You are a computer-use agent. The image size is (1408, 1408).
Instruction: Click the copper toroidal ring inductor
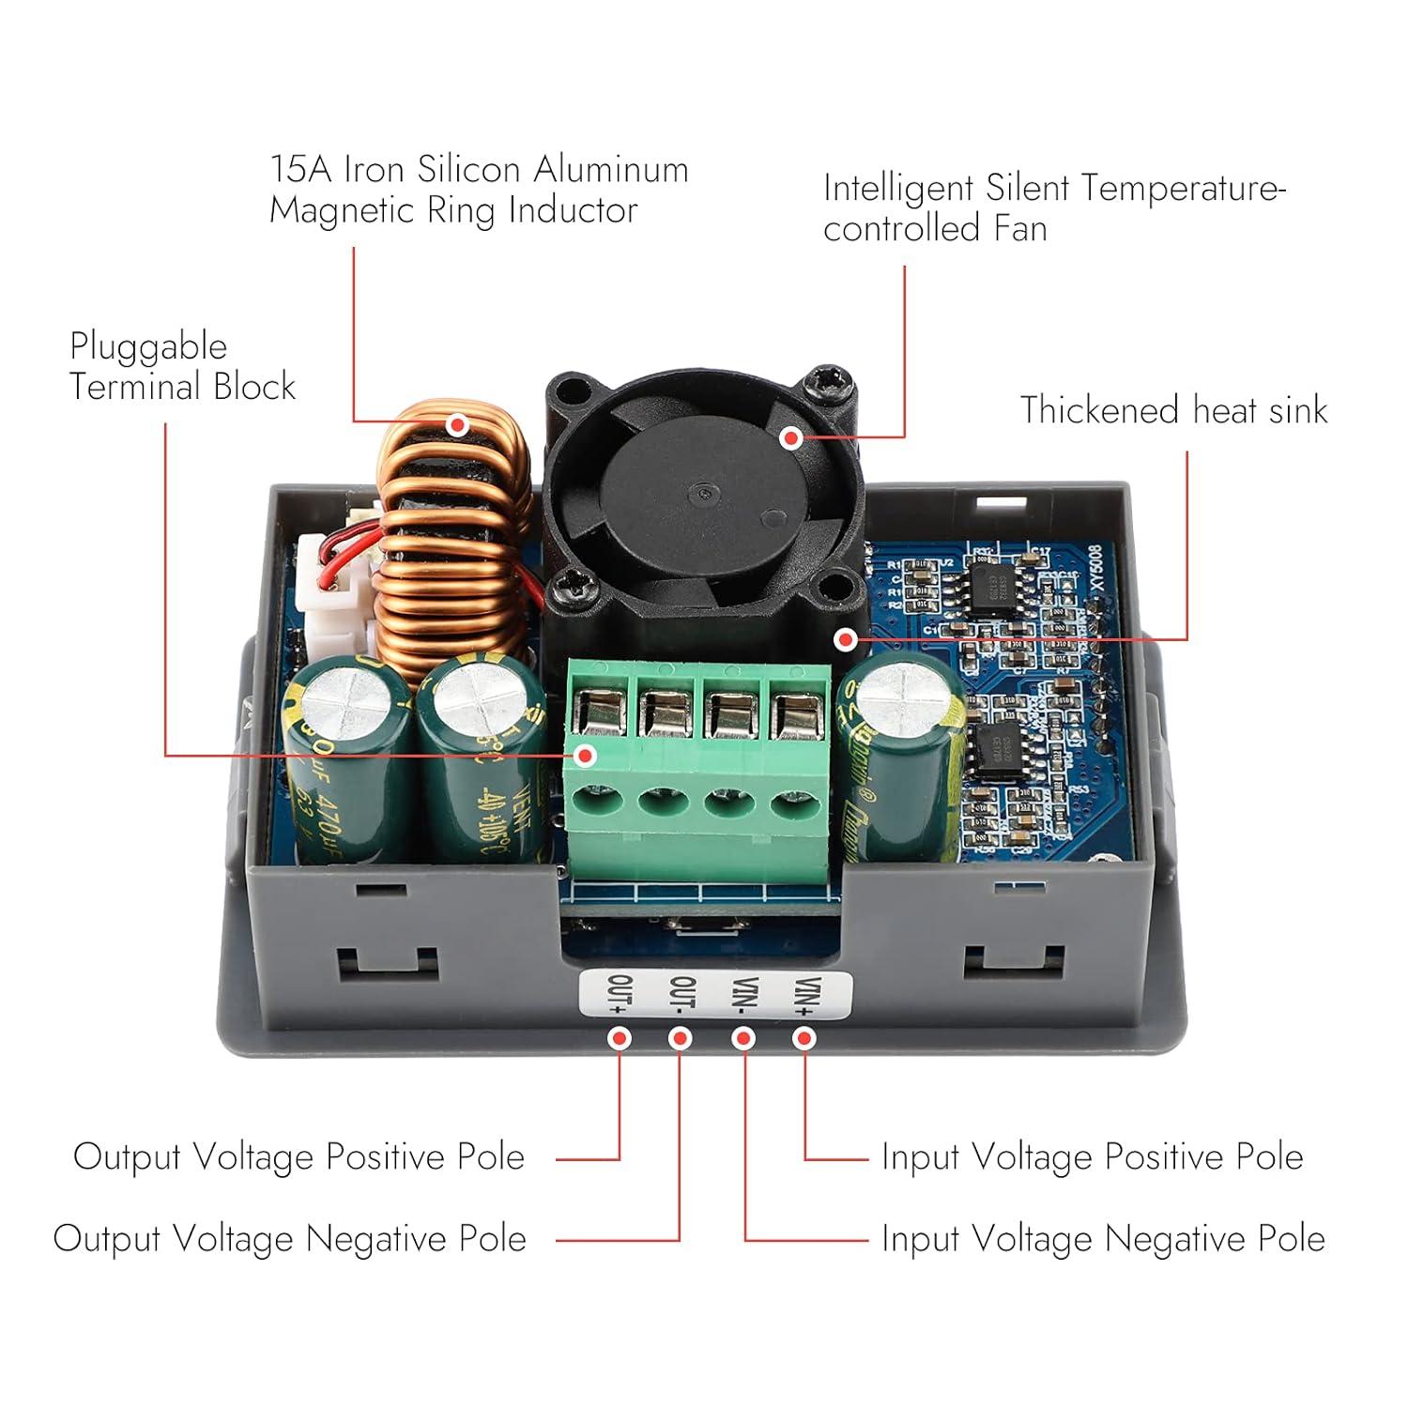(451, 544)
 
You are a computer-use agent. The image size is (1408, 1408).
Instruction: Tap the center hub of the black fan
(702, 492)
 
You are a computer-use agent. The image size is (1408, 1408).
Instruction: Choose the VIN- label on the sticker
(744, 995)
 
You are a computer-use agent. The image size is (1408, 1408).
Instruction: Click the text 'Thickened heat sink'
(1173, 410)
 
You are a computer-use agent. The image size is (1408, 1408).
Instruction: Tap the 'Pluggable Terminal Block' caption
(182, 367)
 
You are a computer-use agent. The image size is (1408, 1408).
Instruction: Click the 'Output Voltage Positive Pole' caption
(298, 1156)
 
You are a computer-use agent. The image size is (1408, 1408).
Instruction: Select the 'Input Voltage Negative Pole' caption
(1103, 1239)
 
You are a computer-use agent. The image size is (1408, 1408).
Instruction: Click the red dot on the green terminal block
(586, 755)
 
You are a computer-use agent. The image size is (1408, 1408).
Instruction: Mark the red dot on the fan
(791, 437)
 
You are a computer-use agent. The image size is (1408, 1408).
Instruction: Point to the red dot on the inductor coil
(457, 424)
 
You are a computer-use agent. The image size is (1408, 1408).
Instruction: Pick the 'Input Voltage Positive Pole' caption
(1092, 1156)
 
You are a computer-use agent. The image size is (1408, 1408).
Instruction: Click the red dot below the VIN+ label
(804, 1038)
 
